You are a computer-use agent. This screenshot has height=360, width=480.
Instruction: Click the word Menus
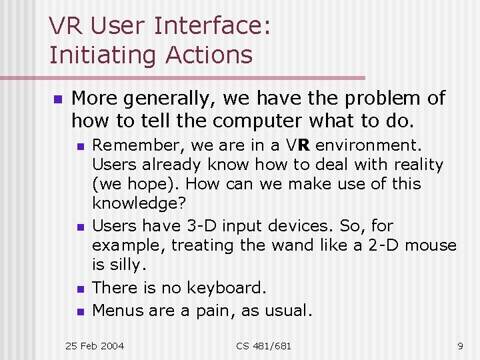[x=115, y=310]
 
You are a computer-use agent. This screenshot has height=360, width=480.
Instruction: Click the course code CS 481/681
[x=263, y=346]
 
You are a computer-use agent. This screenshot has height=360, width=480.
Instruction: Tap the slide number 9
[x=459, y=346]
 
